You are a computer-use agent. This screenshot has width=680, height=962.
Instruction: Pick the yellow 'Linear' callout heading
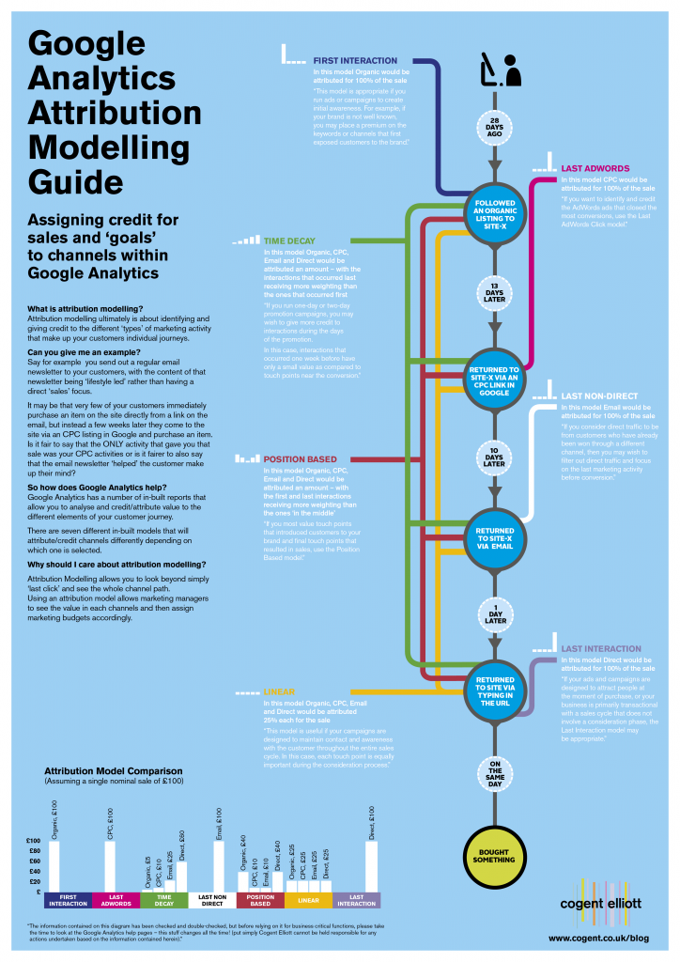281,690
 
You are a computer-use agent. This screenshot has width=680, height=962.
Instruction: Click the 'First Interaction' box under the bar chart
67,899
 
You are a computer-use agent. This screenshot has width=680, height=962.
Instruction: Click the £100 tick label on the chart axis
32,840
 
